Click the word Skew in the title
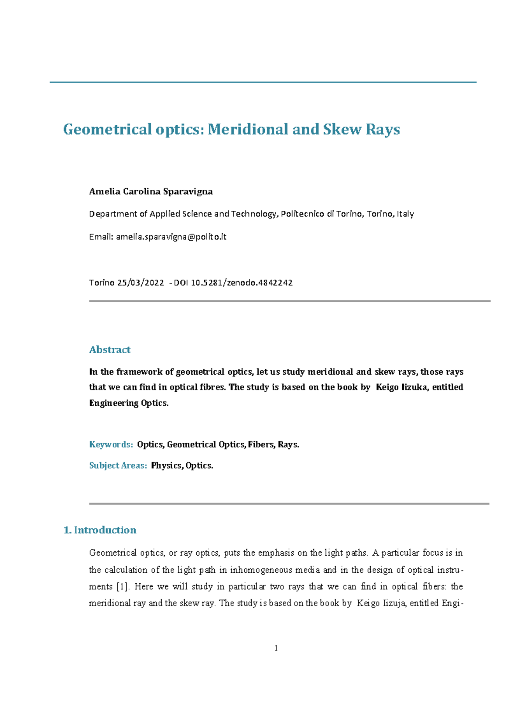[x=339, y=129]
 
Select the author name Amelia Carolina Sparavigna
[x=151, y=191]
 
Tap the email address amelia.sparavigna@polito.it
[x=171, y=237]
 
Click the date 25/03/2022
[x=141, y=283]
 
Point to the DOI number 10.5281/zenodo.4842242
[x=242, y=283]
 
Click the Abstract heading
[x=110, y=350]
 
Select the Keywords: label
[x=111, y=444]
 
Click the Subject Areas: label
[x=118, y=466]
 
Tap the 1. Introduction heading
[x=100, y=530]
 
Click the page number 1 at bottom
[x=276, y=648]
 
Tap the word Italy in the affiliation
[x=405, y=214]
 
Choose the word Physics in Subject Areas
[x=166, y=466]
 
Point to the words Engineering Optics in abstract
[x=129, y=403]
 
